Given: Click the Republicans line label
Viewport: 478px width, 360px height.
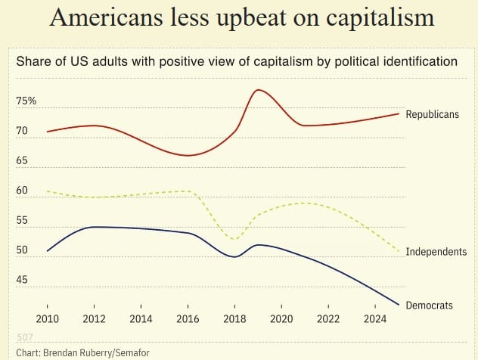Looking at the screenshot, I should [432, 115].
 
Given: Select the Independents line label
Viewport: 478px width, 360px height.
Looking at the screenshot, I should [436, 251].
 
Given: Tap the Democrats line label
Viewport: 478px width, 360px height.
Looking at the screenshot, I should [429, 306].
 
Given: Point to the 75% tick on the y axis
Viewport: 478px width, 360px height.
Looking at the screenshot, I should [26, 101].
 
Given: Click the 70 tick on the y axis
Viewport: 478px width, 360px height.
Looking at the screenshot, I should [22, 131].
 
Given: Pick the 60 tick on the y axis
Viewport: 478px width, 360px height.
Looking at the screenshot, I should [22, 191].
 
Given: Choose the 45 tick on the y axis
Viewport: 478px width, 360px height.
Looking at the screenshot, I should [22, 280].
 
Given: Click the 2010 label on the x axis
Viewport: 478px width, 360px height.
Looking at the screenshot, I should [47, 318].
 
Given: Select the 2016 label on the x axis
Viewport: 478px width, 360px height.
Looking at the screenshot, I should [188, 318].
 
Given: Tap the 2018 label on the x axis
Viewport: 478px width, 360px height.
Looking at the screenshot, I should [235, 318].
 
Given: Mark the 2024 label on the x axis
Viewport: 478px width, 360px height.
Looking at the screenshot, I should [375, 318].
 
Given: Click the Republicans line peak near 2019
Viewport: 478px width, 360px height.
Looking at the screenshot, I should [259, 90].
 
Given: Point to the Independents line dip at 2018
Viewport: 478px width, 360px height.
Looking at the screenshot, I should [235, 239].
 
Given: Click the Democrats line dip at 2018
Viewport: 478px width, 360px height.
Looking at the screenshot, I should [235, 257].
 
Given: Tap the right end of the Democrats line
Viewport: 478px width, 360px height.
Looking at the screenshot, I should [399, 305].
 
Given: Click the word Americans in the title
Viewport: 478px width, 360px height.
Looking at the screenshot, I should [101, 18].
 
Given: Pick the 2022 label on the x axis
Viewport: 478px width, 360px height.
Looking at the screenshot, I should [328, 318].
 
